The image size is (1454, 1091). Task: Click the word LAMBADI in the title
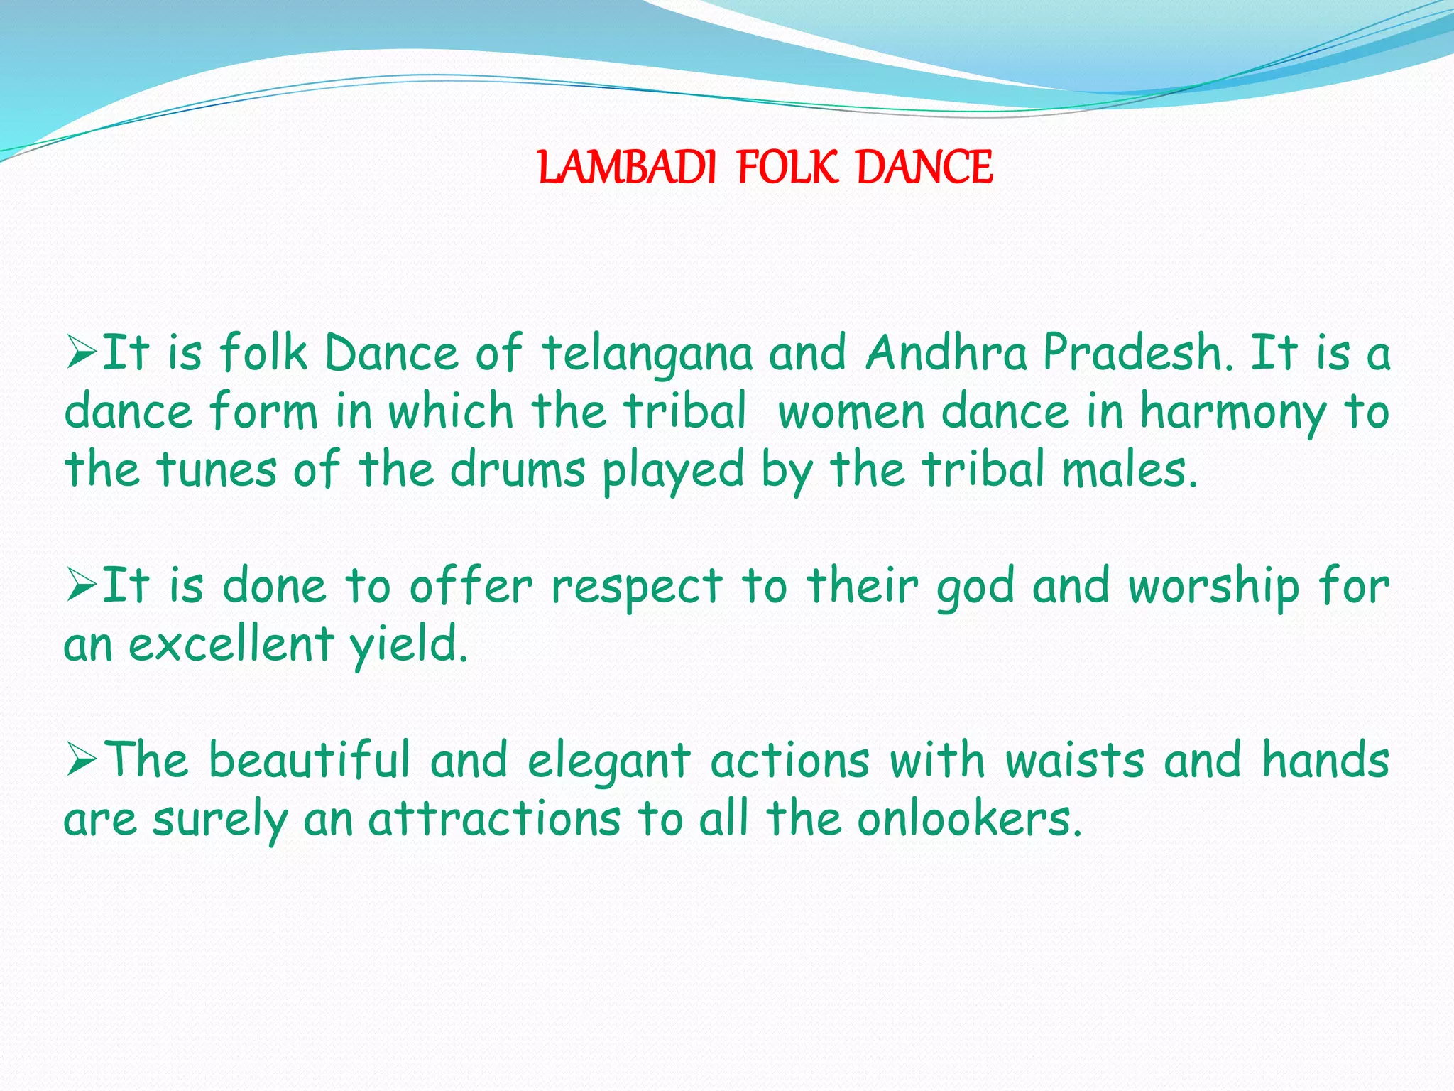coord(627,168)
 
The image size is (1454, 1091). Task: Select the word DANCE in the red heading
coord(924,168)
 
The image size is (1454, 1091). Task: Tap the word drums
coord(518,470)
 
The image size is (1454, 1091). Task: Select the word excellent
coord(231,644)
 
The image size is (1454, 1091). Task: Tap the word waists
coord(1075,761)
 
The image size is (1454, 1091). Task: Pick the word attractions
coord(494,820)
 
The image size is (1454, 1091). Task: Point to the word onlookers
coord(969,820)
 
